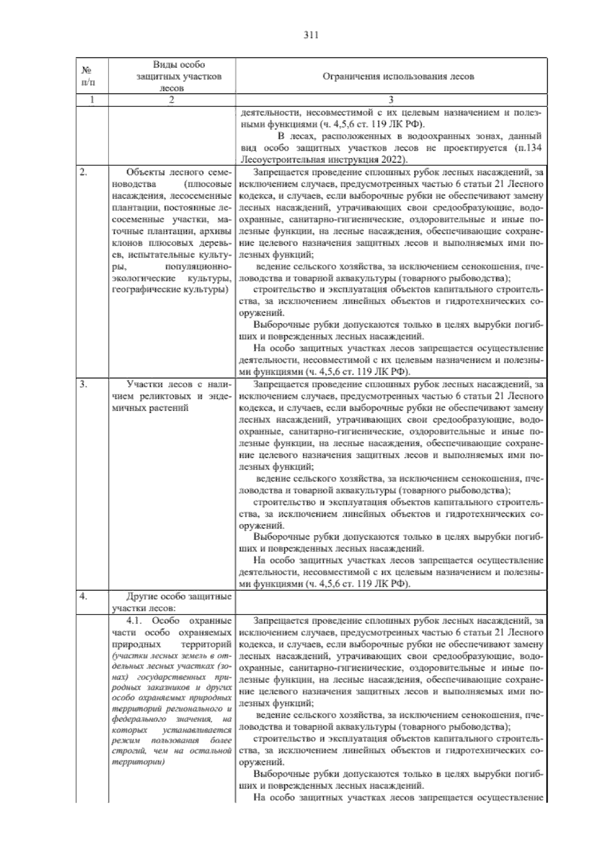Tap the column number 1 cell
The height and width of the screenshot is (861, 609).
[92, 100]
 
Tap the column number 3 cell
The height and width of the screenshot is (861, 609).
[391, 100]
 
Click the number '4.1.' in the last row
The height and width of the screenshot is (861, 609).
[136, 620]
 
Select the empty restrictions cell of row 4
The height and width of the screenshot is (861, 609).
[391, 602]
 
